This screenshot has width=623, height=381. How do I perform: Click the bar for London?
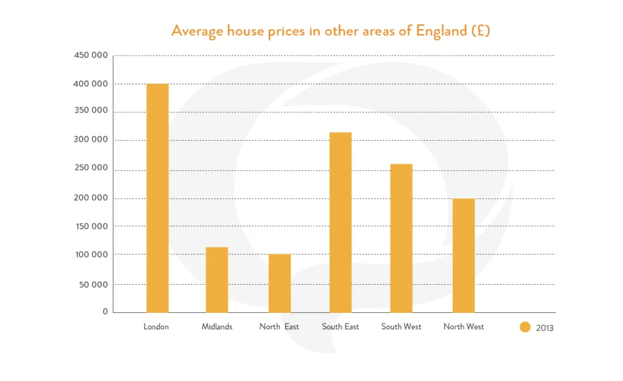pos(158,198)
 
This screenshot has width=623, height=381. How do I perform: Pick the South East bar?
pos(340,222)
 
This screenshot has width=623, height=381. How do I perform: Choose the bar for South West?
pos(401,238)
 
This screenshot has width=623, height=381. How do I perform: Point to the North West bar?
pos(464,256)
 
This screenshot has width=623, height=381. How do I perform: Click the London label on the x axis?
pos(156,327)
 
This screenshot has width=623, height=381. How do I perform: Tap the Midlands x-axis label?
pos(217,327)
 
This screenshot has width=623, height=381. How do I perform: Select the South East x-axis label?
pos(341,327)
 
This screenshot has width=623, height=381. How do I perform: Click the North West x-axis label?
pos(464,327)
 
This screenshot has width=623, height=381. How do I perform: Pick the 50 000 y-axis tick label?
pos(93,284)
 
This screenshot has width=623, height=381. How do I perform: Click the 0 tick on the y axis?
pos(105,312)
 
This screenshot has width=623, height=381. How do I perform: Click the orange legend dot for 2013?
pos(525,327)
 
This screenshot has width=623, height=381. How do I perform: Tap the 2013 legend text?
pos(545,328)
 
